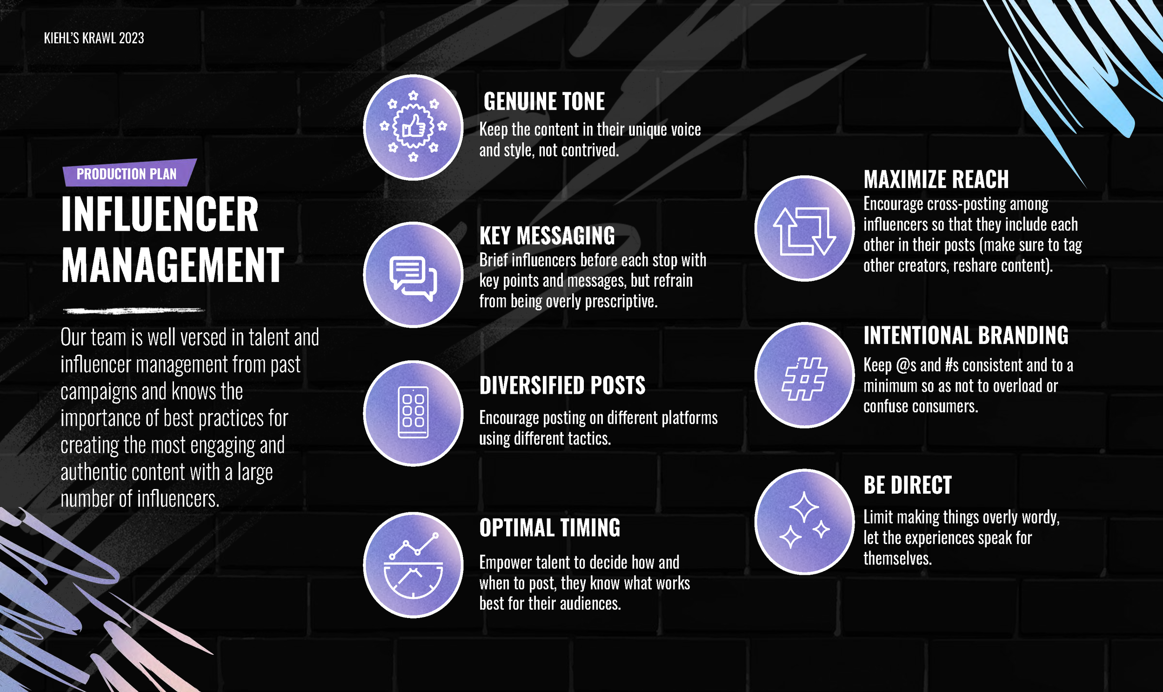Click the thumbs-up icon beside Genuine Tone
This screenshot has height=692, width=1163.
click(x=413, y=127)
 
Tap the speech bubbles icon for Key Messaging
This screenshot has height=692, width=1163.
click(x=413, y=275)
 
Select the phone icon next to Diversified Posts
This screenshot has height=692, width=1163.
click(x=413, y=413)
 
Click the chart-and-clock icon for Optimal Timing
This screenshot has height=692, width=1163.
click(x=413, y=565)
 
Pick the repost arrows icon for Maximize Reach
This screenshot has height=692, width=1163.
click(x=804, y=228)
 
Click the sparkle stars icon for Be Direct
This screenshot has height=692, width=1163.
click(x=804, y=521)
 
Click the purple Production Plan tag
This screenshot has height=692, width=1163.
click(x=127, y=174)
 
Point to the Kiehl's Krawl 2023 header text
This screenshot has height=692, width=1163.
click(x=94, y=38)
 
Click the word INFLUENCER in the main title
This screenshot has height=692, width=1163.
click(x=160, y=215)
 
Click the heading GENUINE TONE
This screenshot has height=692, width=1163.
click(x=544, y=101)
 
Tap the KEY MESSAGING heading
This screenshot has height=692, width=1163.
click(x=547, y=235)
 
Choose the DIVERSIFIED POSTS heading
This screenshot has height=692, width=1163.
click(x=562, y=386)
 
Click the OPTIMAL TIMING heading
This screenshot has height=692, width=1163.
click(x=549, y=528)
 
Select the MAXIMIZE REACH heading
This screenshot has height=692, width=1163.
click(x=936, y=179)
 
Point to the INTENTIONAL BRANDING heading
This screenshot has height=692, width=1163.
click(x=965, y=335)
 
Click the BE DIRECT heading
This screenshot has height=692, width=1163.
click(x=907, y=485)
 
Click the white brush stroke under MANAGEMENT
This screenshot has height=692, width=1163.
click(x=134, y=310)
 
